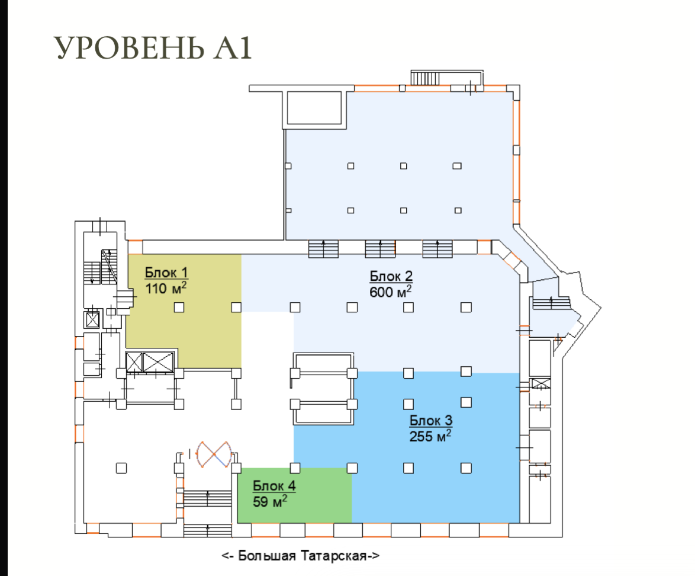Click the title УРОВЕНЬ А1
(153, 47)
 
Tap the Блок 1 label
(166, 273)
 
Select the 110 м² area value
(166, 287)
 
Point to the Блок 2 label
(391, 276)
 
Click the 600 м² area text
(391, 291)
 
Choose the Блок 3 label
(431, 420)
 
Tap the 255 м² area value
(430, 436)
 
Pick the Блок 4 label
(274, 486)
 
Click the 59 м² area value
(270, 501)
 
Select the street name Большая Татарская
(303, 556)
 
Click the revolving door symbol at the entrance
(214, 455)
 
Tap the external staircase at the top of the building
(425, 78)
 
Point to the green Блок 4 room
(295, 495)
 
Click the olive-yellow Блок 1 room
(184, 311)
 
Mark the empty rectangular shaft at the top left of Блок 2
(314, 108)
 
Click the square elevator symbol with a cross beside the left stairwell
(92, 319)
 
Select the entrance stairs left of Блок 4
(207, 499)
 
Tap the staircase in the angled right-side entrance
(551, 303)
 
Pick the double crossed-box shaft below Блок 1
(150, 362)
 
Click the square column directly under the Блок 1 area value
(179, 307)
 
